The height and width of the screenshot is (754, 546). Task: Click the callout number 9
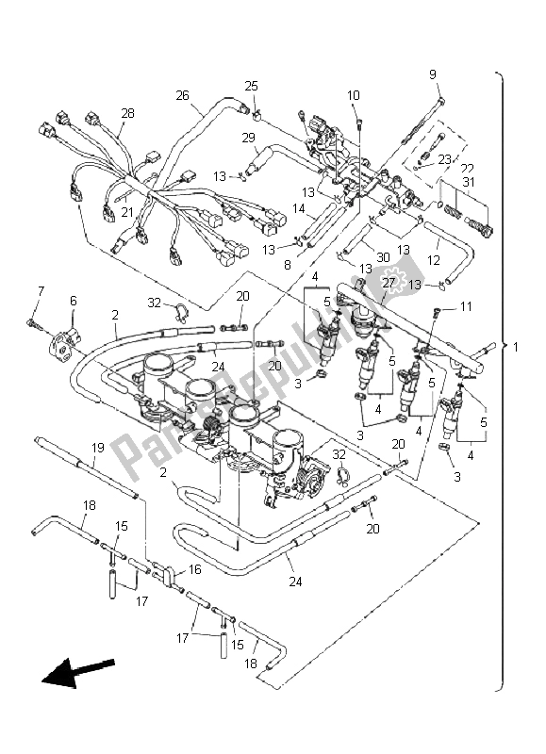pyautogui.click(x=433, y=74)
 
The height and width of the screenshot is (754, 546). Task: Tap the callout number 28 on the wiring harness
pyautogui.click(x=127, y=113)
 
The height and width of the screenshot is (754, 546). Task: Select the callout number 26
pyautogui.click(x=182, y=96)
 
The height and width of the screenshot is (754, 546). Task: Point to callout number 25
pyautogui.click(x=251, y=86)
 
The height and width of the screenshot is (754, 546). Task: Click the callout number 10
pyautogui.click(x=353, y=96)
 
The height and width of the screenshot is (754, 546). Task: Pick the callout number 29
pyautogui.click(x=248, y=139)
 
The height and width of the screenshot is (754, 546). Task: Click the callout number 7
pyautogui.click(x=41, y=291)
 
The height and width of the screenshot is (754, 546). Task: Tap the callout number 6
pyautogui.click(x=74, y=301)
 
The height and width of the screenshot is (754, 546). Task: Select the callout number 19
pyautogui.click(x=98, y=449)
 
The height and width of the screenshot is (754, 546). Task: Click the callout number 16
pyautogui.click(x=195, y=569)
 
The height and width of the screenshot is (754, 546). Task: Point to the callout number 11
pyautogui.click(x=466, y=306)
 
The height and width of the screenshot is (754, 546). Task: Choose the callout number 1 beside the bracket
pyautogui.click(x=515, y=347)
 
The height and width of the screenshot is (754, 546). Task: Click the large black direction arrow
pyautogui.click(x=78, y=672)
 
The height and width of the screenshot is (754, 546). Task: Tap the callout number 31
pyautogui.click(x=469, y=182)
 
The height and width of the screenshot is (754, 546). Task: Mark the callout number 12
pyautogui.click(x=434, y=260)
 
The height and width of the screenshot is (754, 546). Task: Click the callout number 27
pyautogui.click(x=389, y=282)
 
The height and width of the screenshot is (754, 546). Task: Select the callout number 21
pyautogui.click(x=127, y=211)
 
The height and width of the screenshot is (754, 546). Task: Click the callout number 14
pyautogui.click(x=299, y=207)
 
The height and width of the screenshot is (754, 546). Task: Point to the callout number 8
pyautogui.click(x=288, y=265)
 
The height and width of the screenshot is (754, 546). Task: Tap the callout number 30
pyautogui.click(x=383, y=258)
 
